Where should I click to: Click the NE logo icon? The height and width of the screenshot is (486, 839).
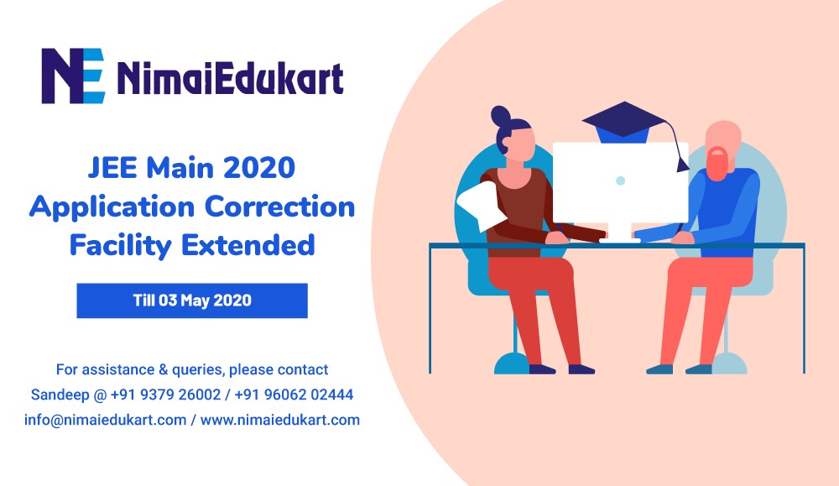click(x=73, y=76)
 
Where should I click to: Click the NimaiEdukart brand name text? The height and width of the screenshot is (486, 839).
click(x=230, y=78)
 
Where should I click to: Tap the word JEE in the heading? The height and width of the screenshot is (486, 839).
click(x=112, y=168)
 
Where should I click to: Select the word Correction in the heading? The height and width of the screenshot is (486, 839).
click(x=280, y=206)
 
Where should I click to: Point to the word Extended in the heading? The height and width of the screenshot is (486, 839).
click(x=248, y=245)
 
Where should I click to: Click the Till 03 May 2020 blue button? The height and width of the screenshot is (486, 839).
click(x=192, y=300)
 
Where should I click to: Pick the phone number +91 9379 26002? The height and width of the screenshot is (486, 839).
click(x=165, y=395)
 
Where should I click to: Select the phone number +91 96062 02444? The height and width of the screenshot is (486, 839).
click(x=294, y=395)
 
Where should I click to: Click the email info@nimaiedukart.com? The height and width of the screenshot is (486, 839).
click(x=106, y=420)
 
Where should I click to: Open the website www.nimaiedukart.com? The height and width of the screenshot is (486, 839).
click(x=280, y=420)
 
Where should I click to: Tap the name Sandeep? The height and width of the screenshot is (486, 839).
click(x=60, y=395)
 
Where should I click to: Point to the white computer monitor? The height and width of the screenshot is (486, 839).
click(x=620, y=188)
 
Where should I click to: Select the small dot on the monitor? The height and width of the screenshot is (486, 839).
click(x=620, y=181)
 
